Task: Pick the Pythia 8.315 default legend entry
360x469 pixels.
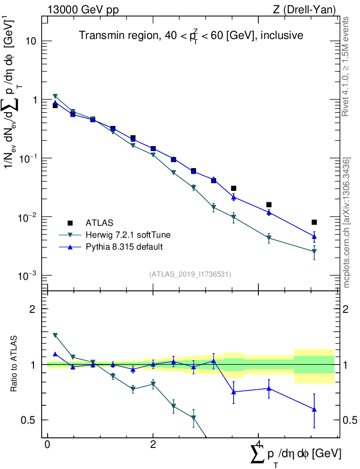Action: (x=124, y=247)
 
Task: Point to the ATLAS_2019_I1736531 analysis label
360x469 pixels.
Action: (x=190, y=274)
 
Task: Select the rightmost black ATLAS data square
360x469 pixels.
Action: (x=314, y=222)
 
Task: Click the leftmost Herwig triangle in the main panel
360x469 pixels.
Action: (x=55, y=96)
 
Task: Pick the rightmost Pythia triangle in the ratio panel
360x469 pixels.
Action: (x=314, y=409)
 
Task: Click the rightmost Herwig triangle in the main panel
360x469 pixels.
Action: (x=314, y=251)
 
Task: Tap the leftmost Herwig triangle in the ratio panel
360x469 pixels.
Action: (x=55, y=335)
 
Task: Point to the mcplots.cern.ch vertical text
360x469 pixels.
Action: (x=347, y=222)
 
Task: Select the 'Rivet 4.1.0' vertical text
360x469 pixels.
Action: (x=347, y=66)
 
